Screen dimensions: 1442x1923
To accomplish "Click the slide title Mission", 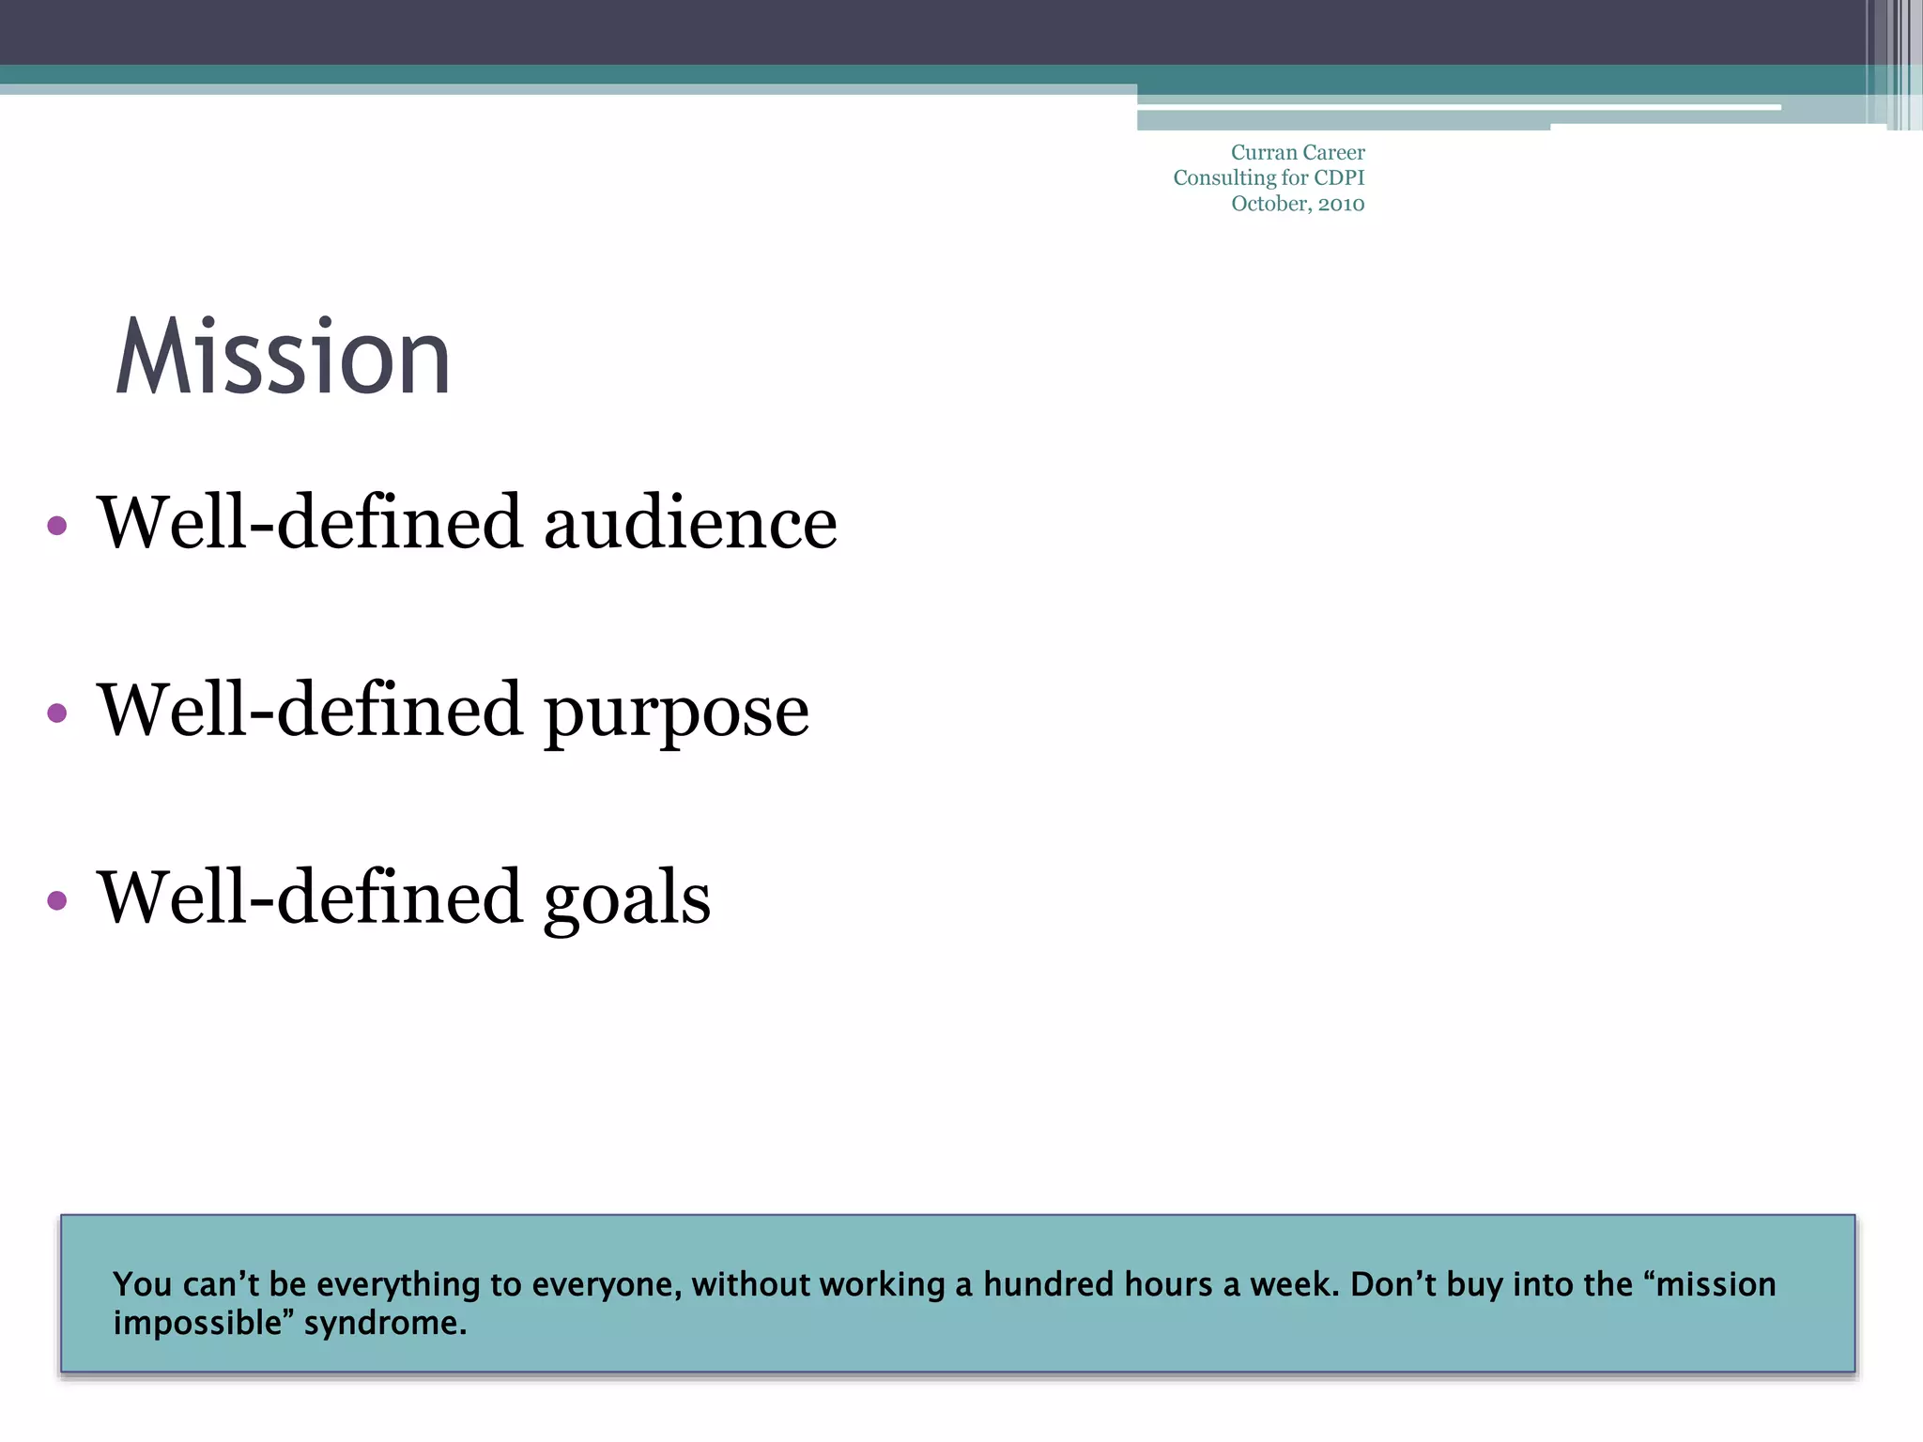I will [283, 358].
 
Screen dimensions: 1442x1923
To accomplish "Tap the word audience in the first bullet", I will [690, 524].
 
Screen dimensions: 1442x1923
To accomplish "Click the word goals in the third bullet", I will [627, 899].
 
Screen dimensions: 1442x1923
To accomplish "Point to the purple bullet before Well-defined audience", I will [57, 526].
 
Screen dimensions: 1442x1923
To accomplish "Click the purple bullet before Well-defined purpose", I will [57, 713].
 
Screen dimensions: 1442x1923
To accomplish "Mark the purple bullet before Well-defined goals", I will [57, 901].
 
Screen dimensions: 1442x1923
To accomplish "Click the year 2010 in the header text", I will [1341, 205].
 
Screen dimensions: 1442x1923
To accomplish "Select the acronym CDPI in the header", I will [1339, 178].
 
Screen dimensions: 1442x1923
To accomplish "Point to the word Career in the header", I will [1333, 153].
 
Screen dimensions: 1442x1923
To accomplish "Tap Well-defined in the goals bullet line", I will [310, 899].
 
